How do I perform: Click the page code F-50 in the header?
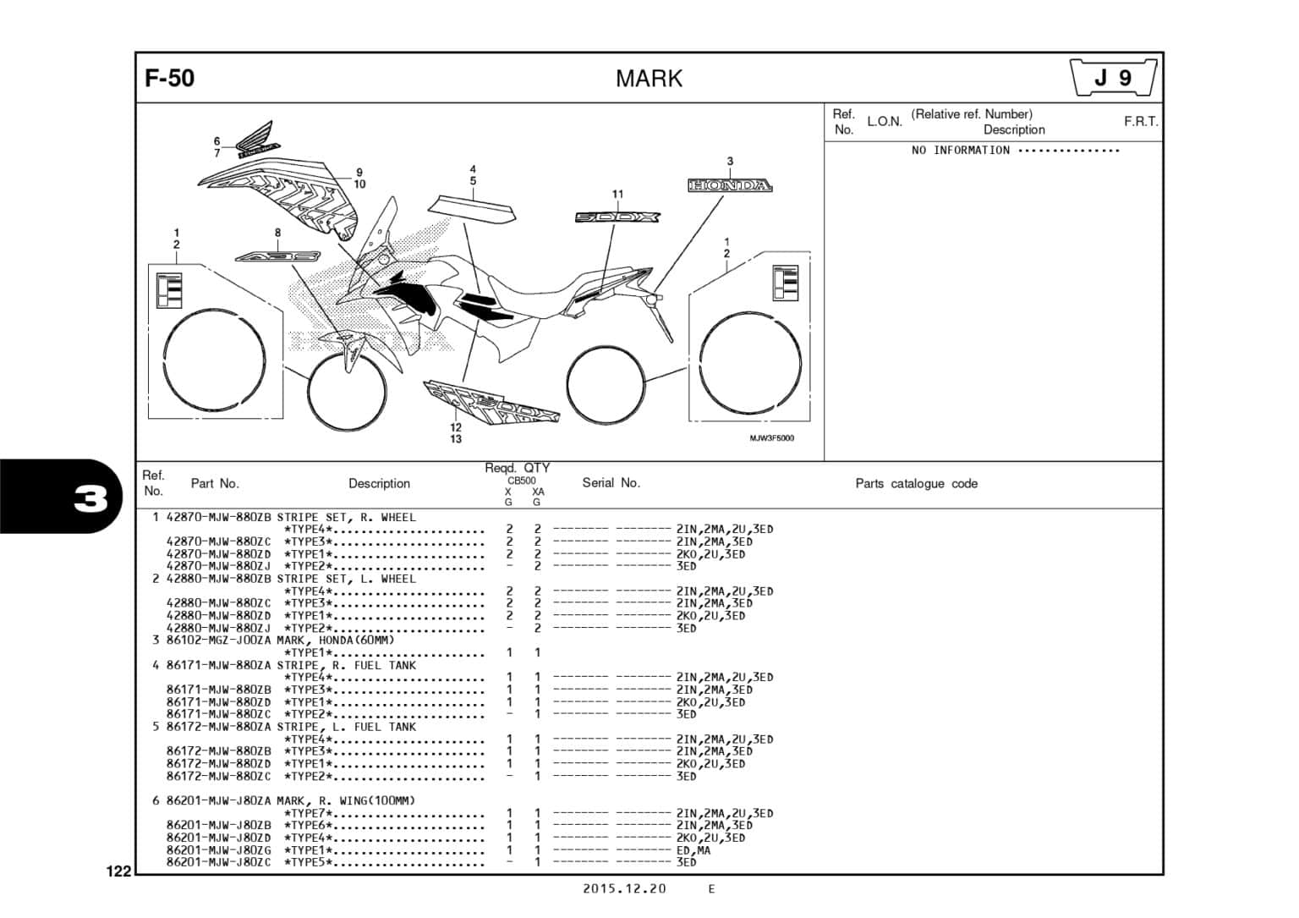point(170,79)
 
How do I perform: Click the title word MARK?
point(649,79)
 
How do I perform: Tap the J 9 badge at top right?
point(1113,79)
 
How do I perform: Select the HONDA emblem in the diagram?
point(730,185)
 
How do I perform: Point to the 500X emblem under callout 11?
point(617,217)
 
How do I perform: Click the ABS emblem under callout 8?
point(277,256)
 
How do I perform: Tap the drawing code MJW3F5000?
point(771,438)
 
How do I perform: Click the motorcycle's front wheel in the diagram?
point(347,390)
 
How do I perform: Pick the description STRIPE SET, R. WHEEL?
point(347,517)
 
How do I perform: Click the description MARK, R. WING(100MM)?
point(346,800)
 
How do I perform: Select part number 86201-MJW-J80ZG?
point(218,850)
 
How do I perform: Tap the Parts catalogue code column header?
point(916,484)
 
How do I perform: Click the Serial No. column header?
point(611,483)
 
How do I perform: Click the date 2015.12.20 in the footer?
point(624,888)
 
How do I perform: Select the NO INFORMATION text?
point(960,151)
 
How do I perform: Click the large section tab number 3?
point(90,500)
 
